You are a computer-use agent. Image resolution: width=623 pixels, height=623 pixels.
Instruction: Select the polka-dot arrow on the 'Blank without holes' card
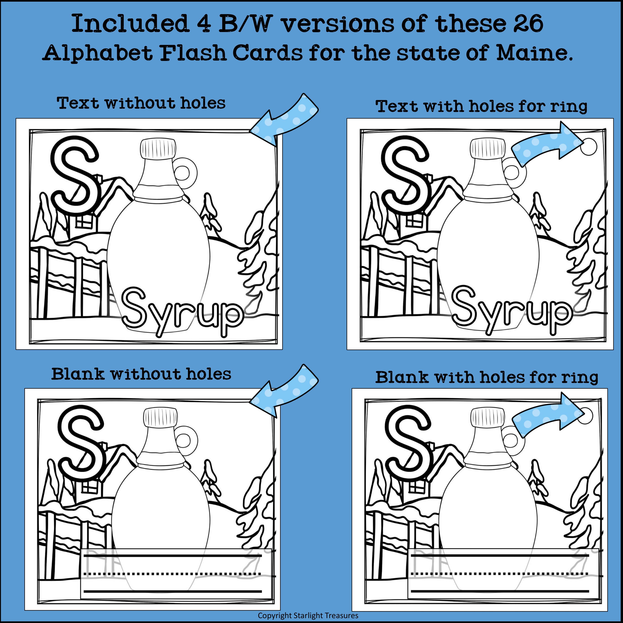pyautogui.click(x=284, y=390)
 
